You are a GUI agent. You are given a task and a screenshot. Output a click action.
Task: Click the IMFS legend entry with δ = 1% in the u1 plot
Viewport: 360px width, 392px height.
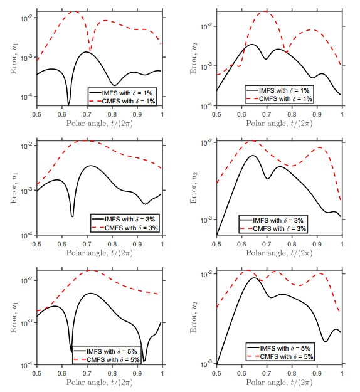123,92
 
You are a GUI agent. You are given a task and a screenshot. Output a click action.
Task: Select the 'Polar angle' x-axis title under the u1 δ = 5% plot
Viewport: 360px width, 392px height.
100,383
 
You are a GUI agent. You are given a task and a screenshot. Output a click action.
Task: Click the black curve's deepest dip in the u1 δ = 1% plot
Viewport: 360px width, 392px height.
68,105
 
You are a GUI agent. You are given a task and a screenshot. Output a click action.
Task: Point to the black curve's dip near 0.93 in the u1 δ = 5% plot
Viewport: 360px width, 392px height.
144,361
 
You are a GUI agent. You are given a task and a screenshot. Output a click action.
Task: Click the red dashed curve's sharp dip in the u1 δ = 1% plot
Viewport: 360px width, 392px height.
90,50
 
